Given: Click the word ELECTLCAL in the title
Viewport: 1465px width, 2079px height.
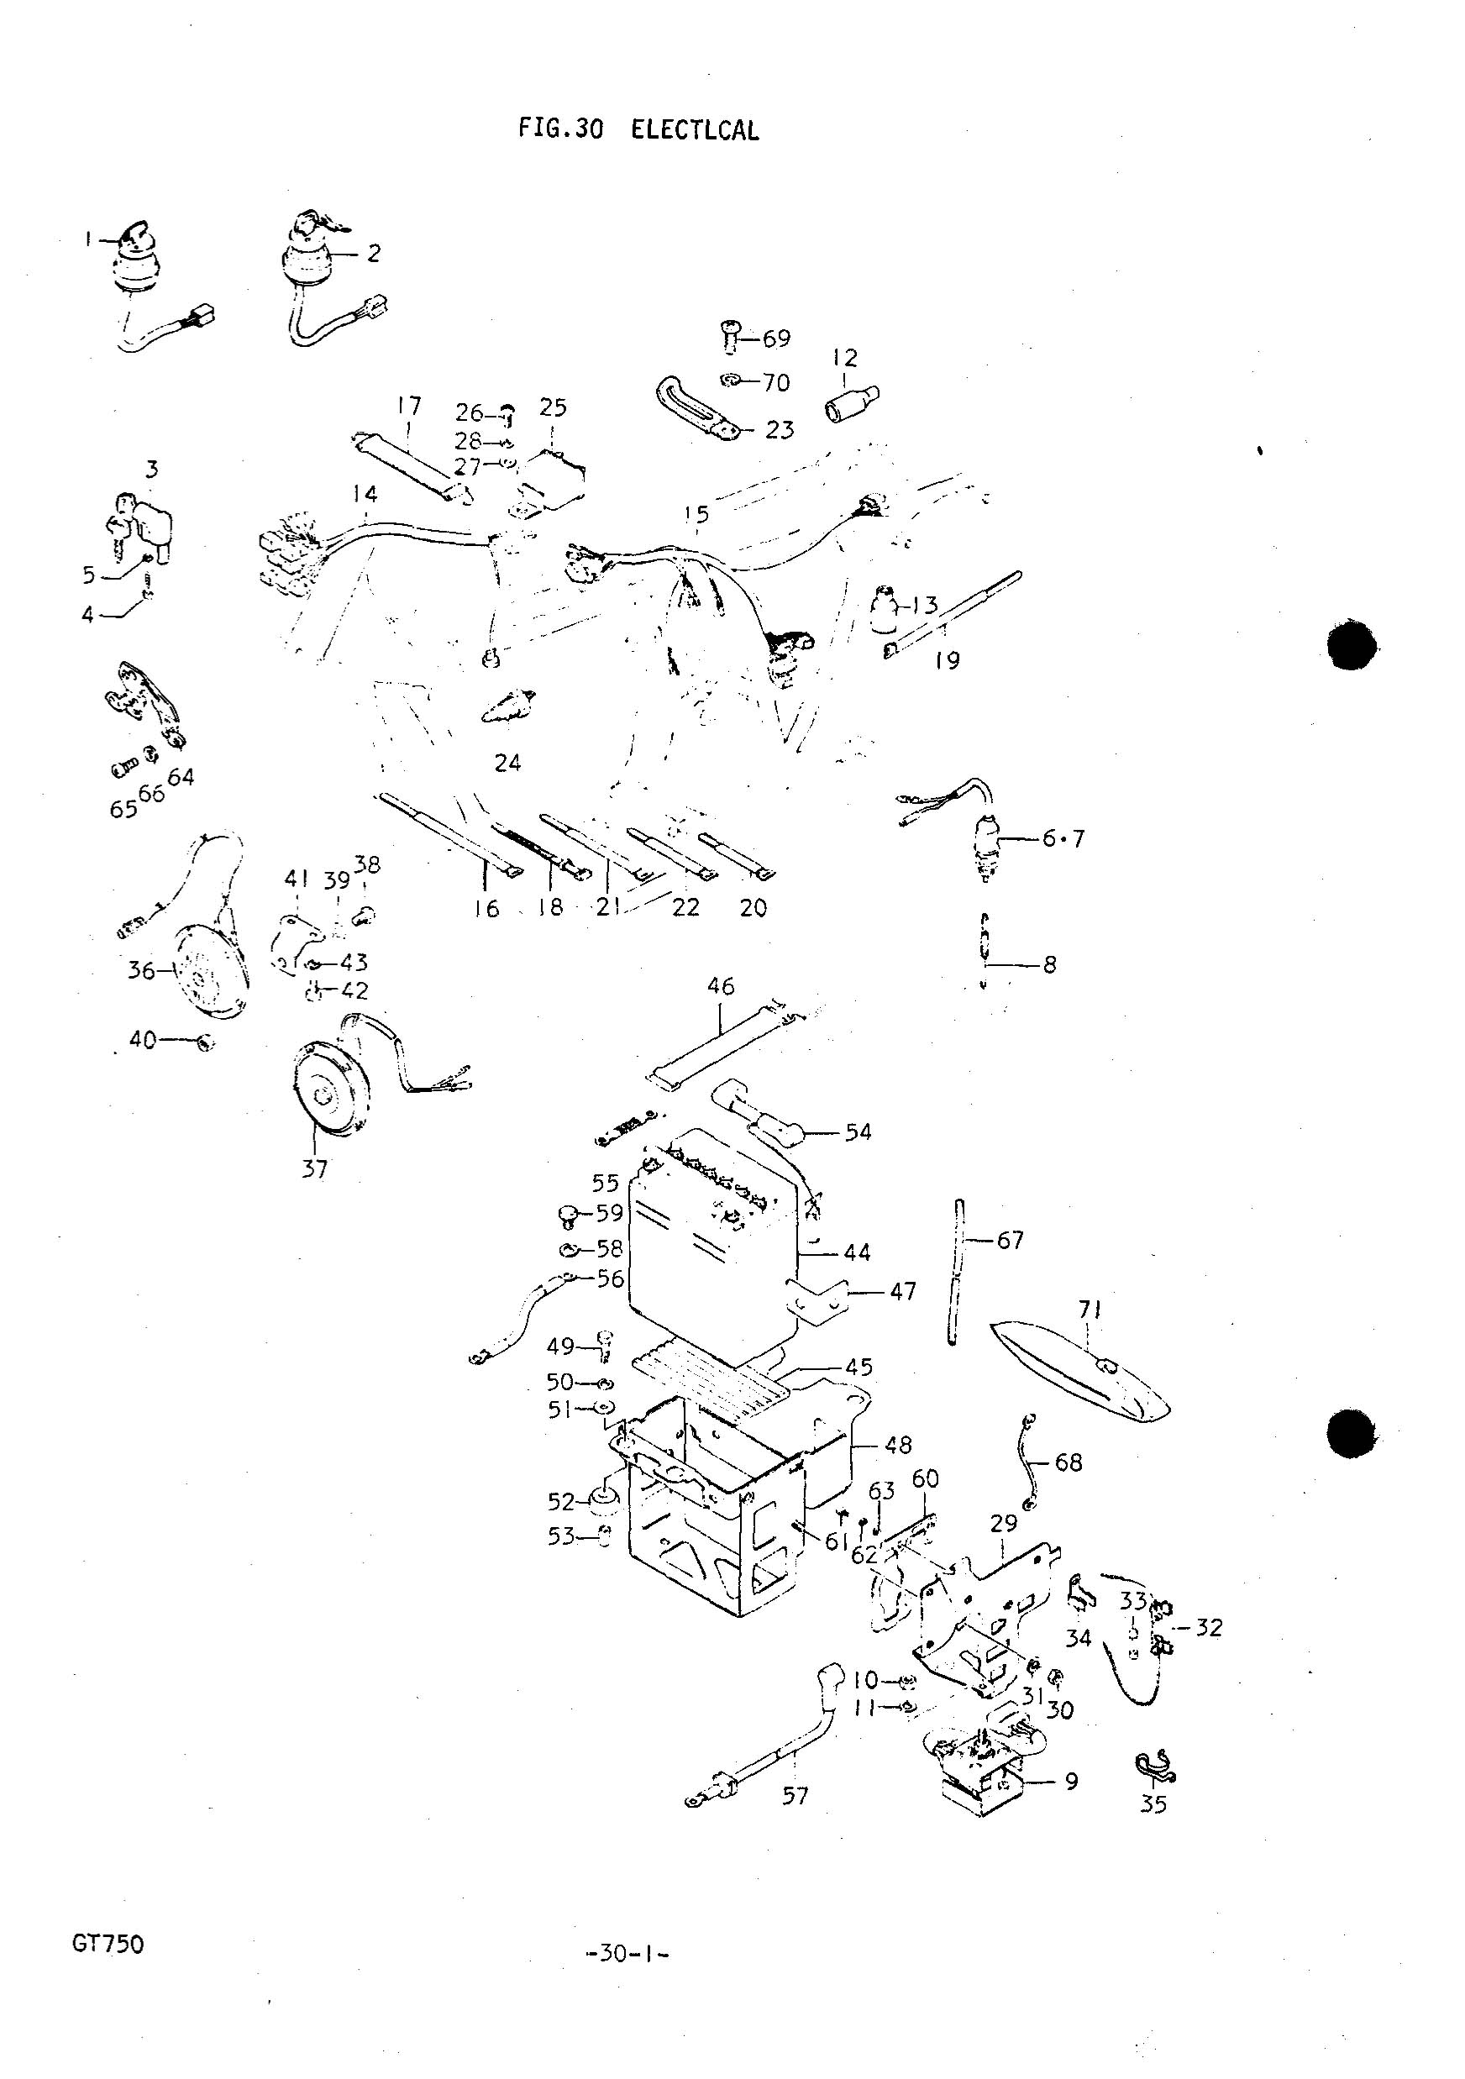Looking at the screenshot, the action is [695, 130].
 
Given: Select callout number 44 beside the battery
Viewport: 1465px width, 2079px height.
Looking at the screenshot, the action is [857, 1252].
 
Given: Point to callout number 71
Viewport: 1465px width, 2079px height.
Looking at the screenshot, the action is [1089, 1309].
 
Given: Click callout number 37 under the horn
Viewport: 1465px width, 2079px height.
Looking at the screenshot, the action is [314, 1169].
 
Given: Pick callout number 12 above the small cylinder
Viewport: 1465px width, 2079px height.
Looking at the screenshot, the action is [844, 358].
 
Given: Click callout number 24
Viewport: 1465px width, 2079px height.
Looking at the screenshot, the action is [507, 763].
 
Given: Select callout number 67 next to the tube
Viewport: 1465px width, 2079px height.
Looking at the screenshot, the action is [1010, 1240].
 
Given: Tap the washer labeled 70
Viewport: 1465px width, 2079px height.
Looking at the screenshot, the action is [732, 380].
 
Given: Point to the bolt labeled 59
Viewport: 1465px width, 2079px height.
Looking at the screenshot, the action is [570, 1215].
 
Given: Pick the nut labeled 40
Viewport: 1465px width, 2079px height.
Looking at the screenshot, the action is [206, 1043].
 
